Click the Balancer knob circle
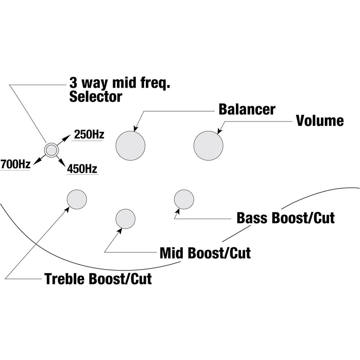click(130, 145)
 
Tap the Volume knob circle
click(208, 145)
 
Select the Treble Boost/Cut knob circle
click(76, 198)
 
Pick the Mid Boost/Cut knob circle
click(126, 219)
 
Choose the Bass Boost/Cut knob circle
click(184, 199)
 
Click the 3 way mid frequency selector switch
click(51, 149)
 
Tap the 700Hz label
click(15, 164)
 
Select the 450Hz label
click(82, 169)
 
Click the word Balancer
click(247, 109)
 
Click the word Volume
click(319, 121)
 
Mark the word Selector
click(95, 96)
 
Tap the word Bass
click(253, 218)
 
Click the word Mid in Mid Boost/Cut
click(173, 252)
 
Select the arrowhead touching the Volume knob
click(219, 132)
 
